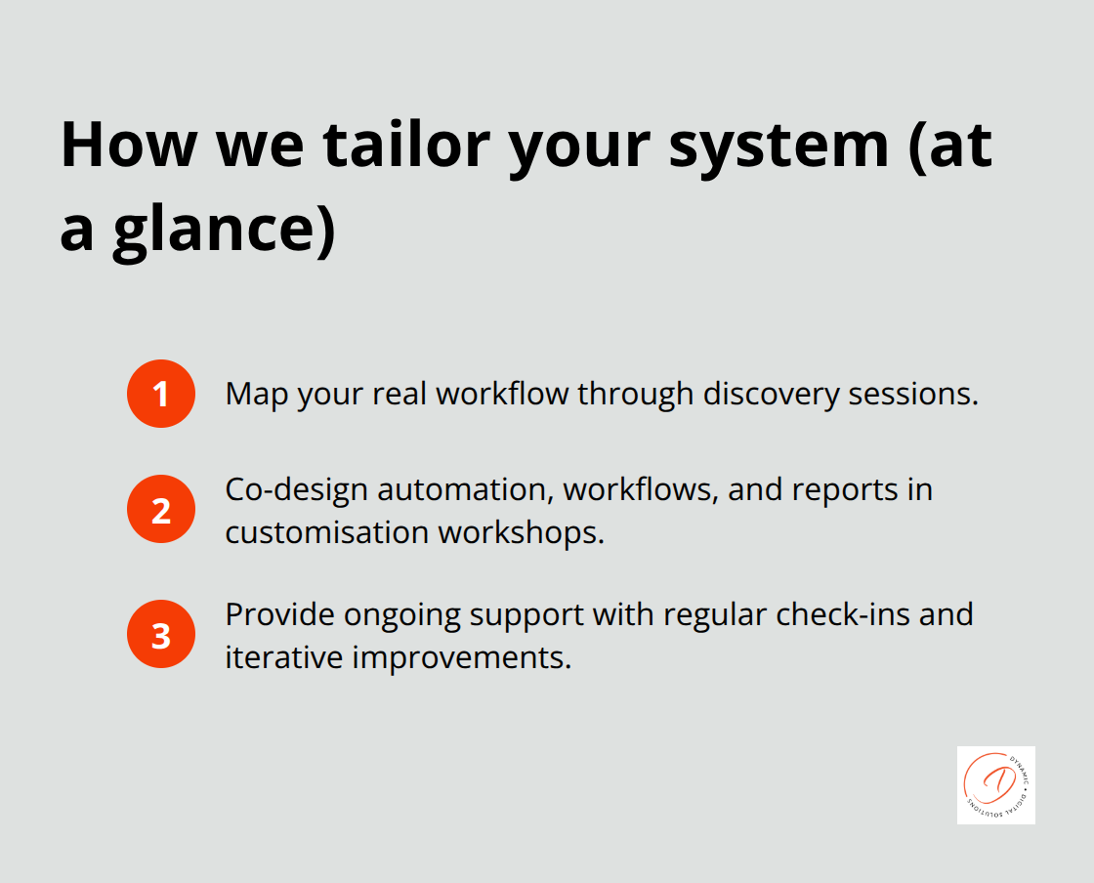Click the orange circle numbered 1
(x=161, y=394)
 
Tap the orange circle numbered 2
(x=161, y=509)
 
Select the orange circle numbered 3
(x=161, y=634)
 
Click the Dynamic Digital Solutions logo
(x=995, y=784)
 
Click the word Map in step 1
(x=257, y=394)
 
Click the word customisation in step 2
(x=327, y=532)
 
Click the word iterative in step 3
(x=283, y=657)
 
